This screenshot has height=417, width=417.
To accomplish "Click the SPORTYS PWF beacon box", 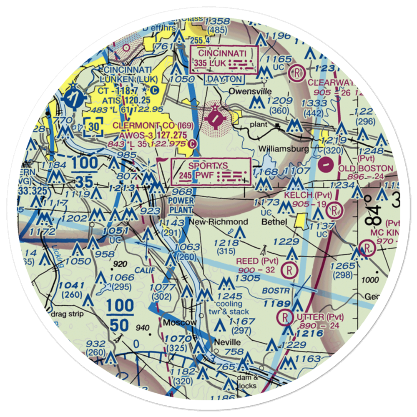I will click(x=211, y=171).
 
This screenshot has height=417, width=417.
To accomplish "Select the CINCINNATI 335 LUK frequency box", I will click(x=224, y=58).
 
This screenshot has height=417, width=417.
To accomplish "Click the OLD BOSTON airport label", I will click(x=366, y=168).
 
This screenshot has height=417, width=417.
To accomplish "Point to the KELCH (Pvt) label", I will click(x=309, y=195).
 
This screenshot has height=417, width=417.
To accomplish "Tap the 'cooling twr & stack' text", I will click(x=228, y=308).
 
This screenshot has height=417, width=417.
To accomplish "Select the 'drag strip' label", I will click(x=67, y=314).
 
